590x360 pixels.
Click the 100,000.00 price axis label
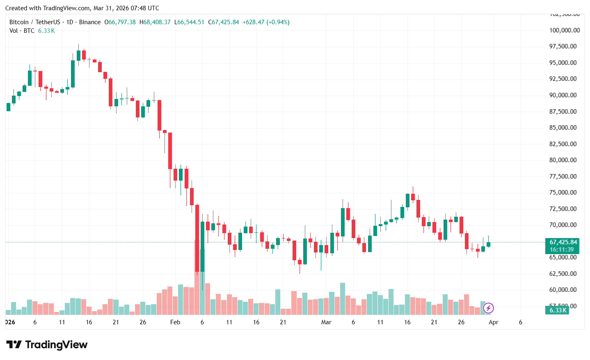[x=565, y=30]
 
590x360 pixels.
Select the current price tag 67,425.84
[x=563, y=242]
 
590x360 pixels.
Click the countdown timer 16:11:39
[x=562, y=250]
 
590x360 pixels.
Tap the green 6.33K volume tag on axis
[x=558, y=310]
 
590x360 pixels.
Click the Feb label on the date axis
[x=175, y=322]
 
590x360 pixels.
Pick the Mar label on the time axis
[x=326, y=322]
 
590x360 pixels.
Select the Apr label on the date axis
[x=493, y=322]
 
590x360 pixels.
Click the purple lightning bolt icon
[x=488, y=308]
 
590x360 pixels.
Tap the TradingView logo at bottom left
[x=47, y=345]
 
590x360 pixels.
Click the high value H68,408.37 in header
[x=155, y=22]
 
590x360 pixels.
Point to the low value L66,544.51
[x=189, y=22]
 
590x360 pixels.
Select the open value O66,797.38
[x=120, y=22]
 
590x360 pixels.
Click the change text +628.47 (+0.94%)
[x=266, y=22]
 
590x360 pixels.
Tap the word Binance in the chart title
[x=90, y=22]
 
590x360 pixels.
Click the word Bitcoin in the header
[x=19, y=22]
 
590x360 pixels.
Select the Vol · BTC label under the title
[x=22, y=31]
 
